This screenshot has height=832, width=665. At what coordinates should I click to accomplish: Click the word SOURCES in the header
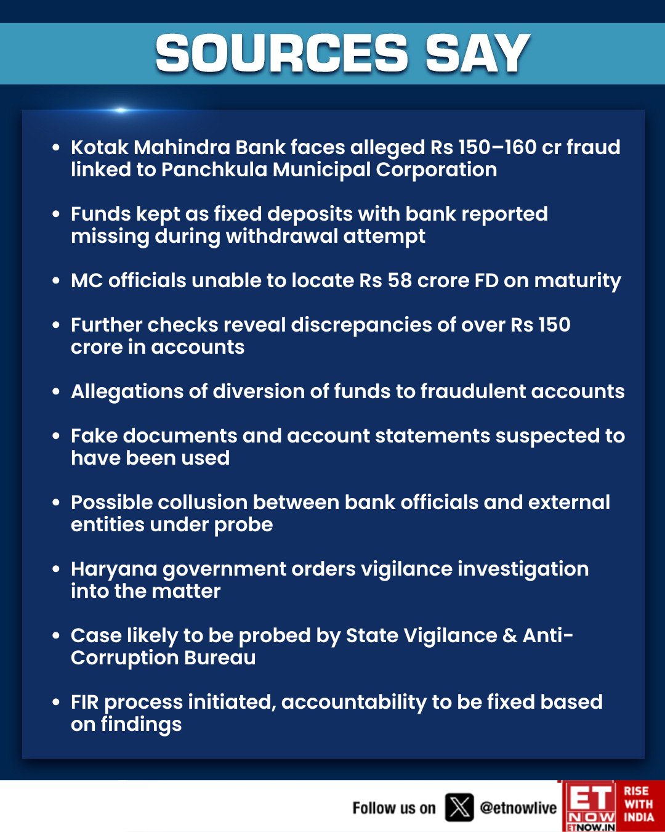click(281, 54)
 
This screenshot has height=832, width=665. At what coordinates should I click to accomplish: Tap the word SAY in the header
click(477, 54)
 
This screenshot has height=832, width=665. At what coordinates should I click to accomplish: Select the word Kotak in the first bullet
click(100, 147)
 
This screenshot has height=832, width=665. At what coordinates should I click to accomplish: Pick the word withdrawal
click(280, 236)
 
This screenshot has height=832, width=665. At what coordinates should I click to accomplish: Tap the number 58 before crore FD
click(399, 280)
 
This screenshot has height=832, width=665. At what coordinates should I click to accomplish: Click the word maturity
click(578, 282)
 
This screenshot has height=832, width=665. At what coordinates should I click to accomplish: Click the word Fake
click(94, 436)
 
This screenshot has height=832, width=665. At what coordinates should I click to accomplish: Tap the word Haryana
click(114, 569)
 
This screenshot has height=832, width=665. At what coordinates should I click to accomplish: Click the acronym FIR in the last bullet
click(84, 702)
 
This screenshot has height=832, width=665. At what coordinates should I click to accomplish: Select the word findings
click(141, 725)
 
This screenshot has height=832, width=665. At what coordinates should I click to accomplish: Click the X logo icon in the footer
click(459, 807)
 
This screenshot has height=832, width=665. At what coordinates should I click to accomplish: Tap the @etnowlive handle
click(518, 808)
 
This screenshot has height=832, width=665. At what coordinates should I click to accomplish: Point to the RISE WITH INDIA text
click(639, 804)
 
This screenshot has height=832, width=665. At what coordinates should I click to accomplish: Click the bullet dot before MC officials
click(56, 280)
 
